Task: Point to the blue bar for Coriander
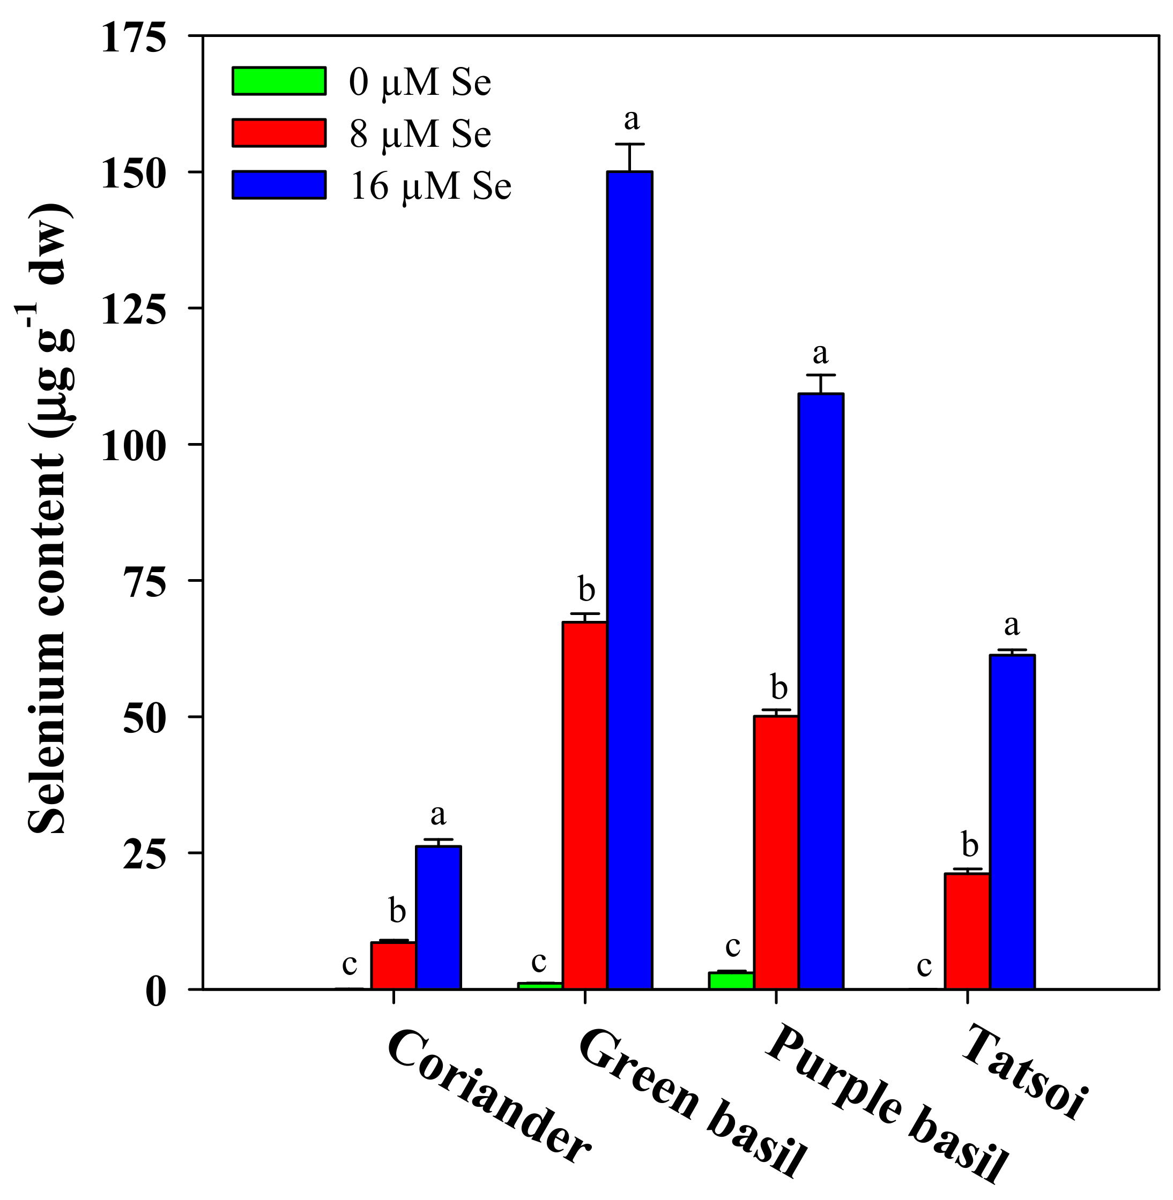(x=438, y=917)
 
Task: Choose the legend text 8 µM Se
(x=420, y=133)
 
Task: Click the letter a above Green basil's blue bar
(x=631, y=119)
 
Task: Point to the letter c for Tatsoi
(x=924, y=965)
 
